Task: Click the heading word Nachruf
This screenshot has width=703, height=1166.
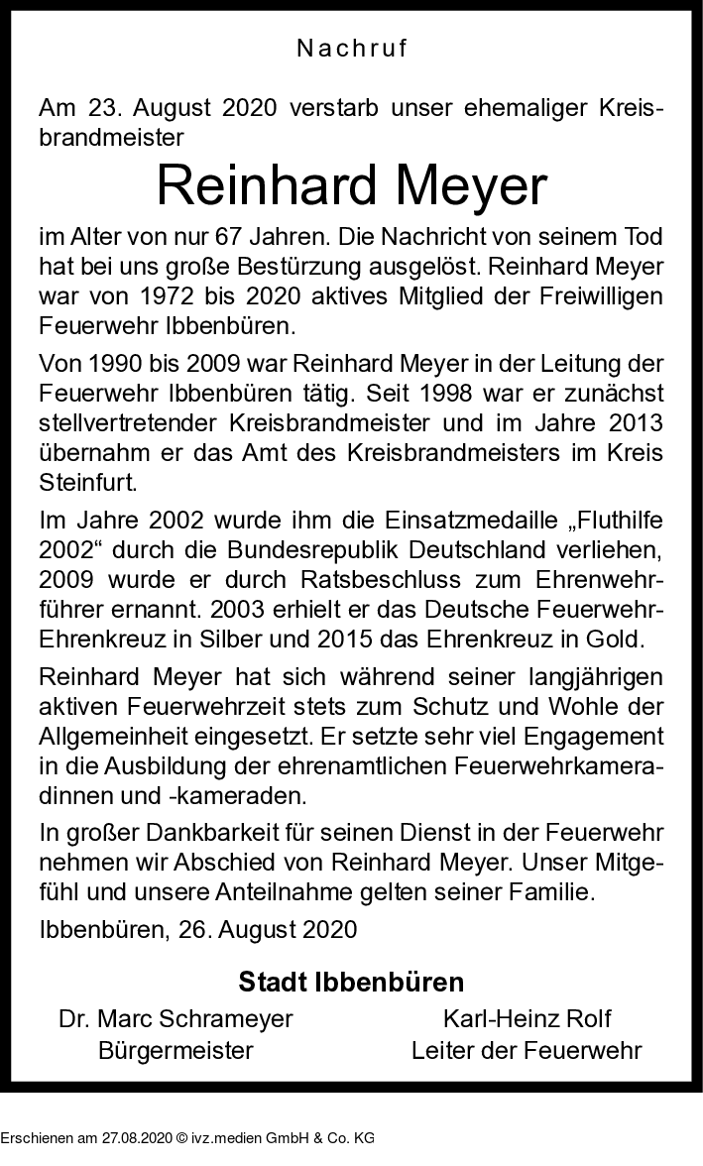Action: [352, 48]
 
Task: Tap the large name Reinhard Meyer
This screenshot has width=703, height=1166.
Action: [352, 186]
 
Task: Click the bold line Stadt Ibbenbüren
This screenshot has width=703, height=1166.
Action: [351, 983]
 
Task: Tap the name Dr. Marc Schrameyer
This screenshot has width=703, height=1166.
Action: [176, 1018]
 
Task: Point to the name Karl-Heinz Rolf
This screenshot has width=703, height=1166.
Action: [527, 1018]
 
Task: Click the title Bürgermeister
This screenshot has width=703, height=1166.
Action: [176, 1050]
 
